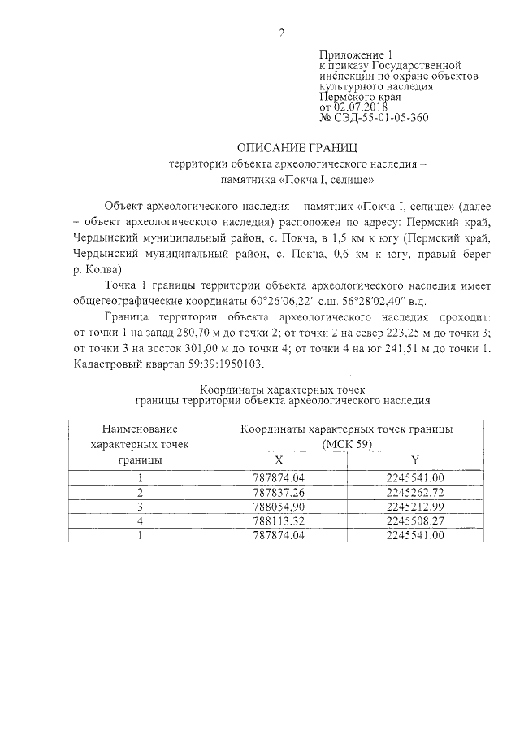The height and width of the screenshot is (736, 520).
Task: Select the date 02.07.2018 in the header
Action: (360, 107)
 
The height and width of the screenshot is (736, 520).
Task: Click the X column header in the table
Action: (279, 459)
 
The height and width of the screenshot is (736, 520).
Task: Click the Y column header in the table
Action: (415, 459)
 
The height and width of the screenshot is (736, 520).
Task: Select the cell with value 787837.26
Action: (279, 493)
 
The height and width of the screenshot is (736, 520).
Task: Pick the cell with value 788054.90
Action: (279, 507)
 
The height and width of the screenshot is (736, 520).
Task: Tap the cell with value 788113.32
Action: (279, 520)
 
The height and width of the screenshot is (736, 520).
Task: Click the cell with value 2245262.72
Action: (415, 493)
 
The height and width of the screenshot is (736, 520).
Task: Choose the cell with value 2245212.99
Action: (415, 507)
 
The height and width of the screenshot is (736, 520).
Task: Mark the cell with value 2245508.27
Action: (415, 520)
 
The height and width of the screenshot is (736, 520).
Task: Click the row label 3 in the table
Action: (141, 507)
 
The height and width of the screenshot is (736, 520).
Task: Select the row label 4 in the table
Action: (141, 520)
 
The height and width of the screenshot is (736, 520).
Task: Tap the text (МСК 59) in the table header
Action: (347, 443)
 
